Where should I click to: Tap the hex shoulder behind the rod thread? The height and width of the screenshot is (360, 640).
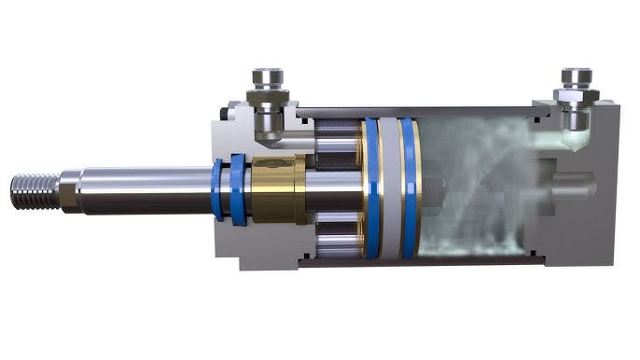[x=66, y=189]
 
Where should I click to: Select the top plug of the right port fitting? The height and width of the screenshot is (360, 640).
[x=575, y=74]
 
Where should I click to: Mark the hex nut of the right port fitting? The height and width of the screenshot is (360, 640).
[x=573, y=93]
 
